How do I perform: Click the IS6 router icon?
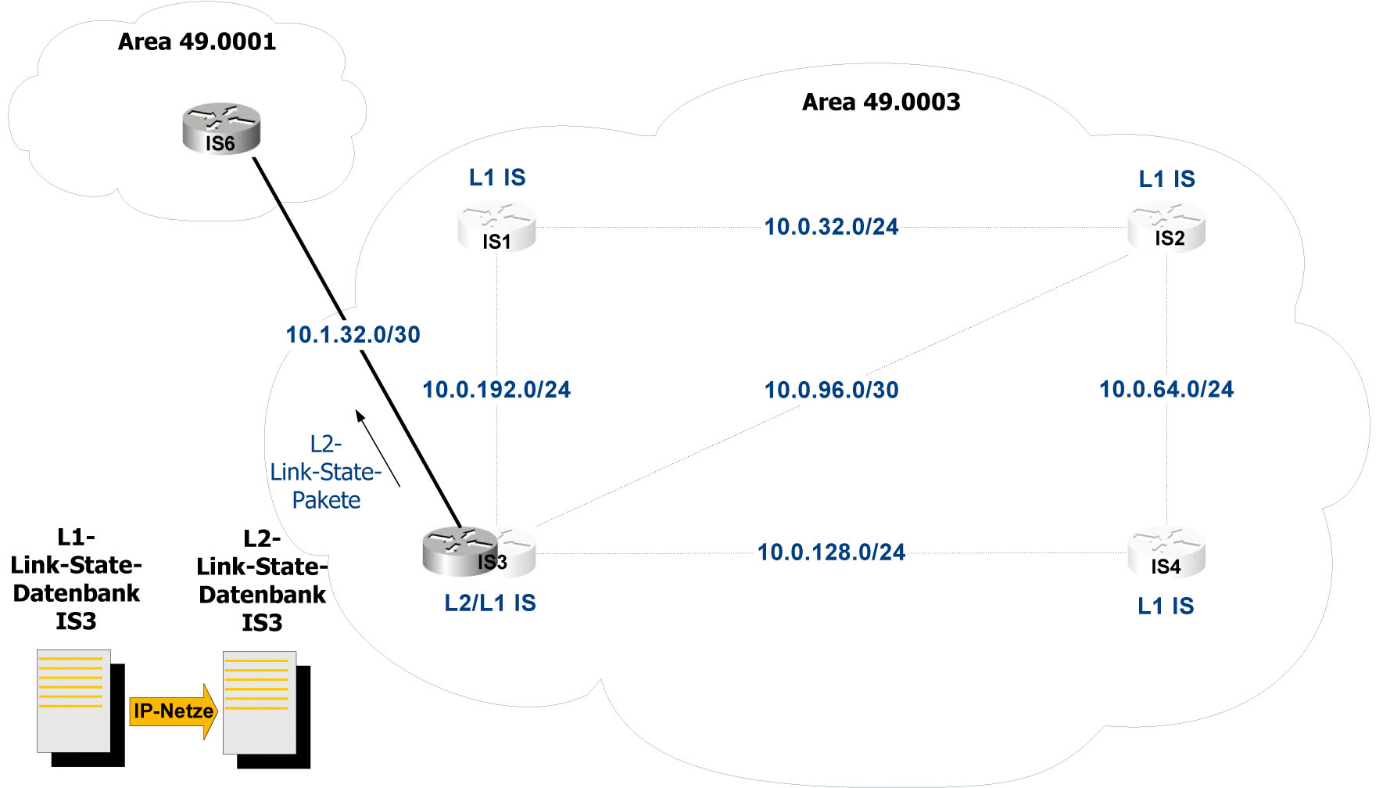tap(221, 129)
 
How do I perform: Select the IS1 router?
tap(496, 228)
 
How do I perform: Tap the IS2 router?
tap(1166, 227)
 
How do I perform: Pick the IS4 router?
tap(1166, 553)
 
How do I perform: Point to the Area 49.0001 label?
tap(197, 41)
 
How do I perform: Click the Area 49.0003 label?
tap(881, 102)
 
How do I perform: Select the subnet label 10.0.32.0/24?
tap(831, 227)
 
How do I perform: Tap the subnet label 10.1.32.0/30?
tap(353, 335)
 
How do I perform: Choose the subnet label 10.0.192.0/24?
tap(496, 390)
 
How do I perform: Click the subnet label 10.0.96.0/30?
tap(831, 390)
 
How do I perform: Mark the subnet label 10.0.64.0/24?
tap(1166, 389)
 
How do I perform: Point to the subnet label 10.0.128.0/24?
tap(831, 552)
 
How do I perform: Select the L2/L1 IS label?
tap(490, 603)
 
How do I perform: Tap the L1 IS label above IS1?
tap(497, 178)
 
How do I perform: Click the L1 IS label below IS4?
tap(1166, 606)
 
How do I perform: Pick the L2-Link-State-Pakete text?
tap(326, 472)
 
